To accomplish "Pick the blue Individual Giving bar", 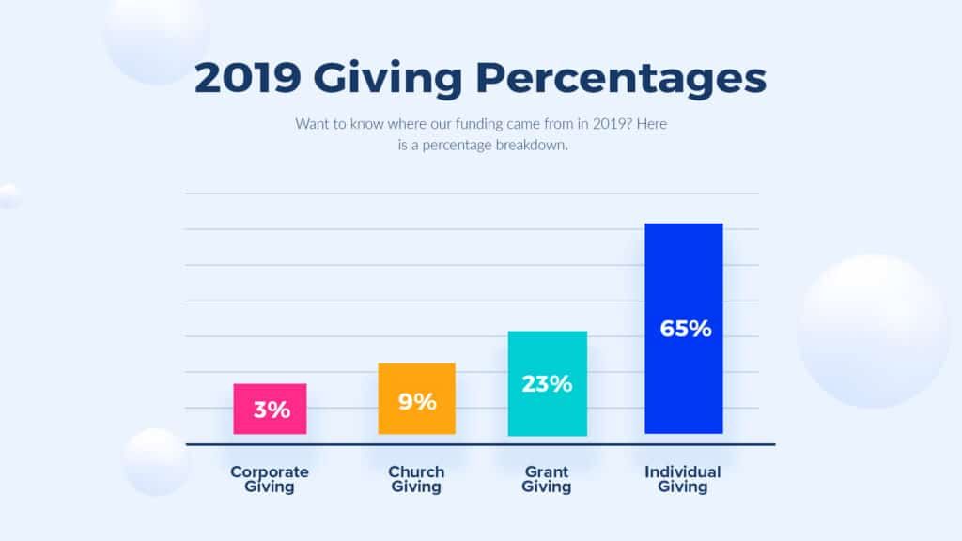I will [x=683, y=282].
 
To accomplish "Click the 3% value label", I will [x=271, y=410].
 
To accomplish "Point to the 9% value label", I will [x=416, y=402].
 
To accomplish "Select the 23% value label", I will [x=547, y=383].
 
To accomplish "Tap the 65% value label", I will [x=686, y=330].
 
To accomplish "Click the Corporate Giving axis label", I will [x=270, y=479].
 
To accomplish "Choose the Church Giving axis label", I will [x=416, y=479].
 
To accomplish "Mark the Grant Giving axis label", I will [x=547, y=479].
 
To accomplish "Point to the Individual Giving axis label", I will [x=683, y=479].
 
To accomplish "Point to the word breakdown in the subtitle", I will [x=527, y=145].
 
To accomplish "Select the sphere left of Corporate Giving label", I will [x=156, y=461].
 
